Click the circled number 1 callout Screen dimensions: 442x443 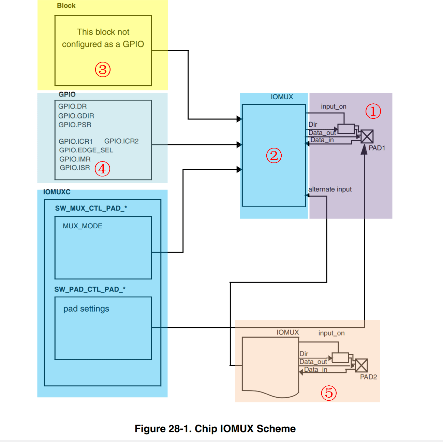(x=373, y=111)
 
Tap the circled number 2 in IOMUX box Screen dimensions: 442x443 (x=274, y=156)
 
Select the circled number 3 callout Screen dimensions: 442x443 (x=103, y=70)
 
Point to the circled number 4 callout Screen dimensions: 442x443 (x=102, y=169)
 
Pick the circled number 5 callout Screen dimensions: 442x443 (x=329, y=393)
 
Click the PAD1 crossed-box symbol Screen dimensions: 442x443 (x=367, y=137)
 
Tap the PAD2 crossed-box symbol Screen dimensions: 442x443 (x=361, y=366)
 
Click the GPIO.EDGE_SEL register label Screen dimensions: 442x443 (x=86, y=150)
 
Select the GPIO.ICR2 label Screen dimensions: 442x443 (x=121, y=141)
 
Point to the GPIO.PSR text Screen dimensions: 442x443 (x=75, y=125)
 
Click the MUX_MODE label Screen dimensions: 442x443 (x=83, y=226)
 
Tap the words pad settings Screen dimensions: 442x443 (x=86, y=309)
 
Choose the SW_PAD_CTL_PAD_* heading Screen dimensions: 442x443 (x=90, y=289)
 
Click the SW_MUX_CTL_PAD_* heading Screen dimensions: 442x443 (x=91, y=208)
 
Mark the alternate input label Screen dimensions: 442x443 (x=330, y=189)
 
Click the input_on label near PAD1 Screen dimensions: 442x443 (x=334, y=106)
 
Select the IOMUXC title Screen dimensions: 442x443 (x=57, y=192)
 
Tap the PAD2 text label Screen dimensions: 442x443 (x=368, y=377)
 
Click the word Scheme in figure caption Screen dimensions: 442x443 (x=276, y=429)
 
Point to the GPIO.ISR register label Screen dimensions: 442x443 (x=75, y=168)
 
